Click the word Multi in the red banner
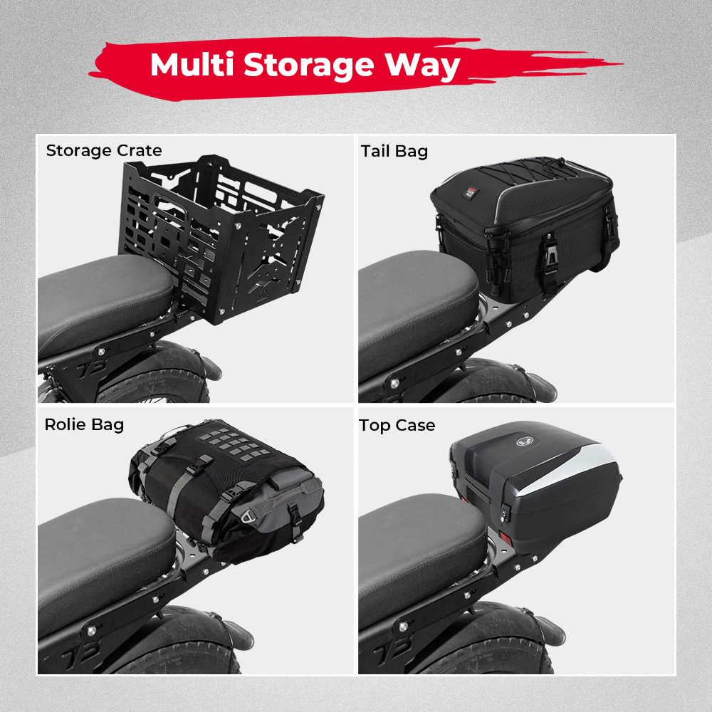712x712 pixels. [x=192, y=65]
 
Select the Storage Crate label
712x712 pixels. [x=104, y=150]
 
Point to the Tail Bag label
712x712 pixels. [x=394, y=151]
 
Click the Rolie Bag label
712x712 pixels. [x=84, y=424]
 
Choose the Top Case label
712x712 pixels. [x=397, y=426]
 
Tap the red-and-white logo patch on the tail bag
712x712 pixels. [x=468, y=193]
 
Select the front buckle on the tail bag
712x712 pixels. [x=551, y=253]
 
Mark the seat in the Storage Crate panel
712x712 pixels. [x=105, y=302]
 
